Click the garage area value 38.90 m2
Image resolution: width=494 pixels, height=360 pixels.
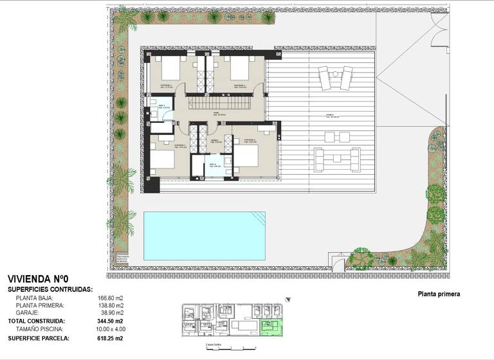tap(111, 312)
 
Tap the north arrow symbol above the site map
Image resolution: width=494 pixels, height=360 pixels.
tap(288, 299)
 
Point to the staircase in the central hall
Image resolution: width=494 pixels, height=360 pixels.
tap(217, 102)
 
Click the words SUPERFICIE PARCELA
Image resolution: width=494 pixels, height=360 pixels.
tap(37, 337)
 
